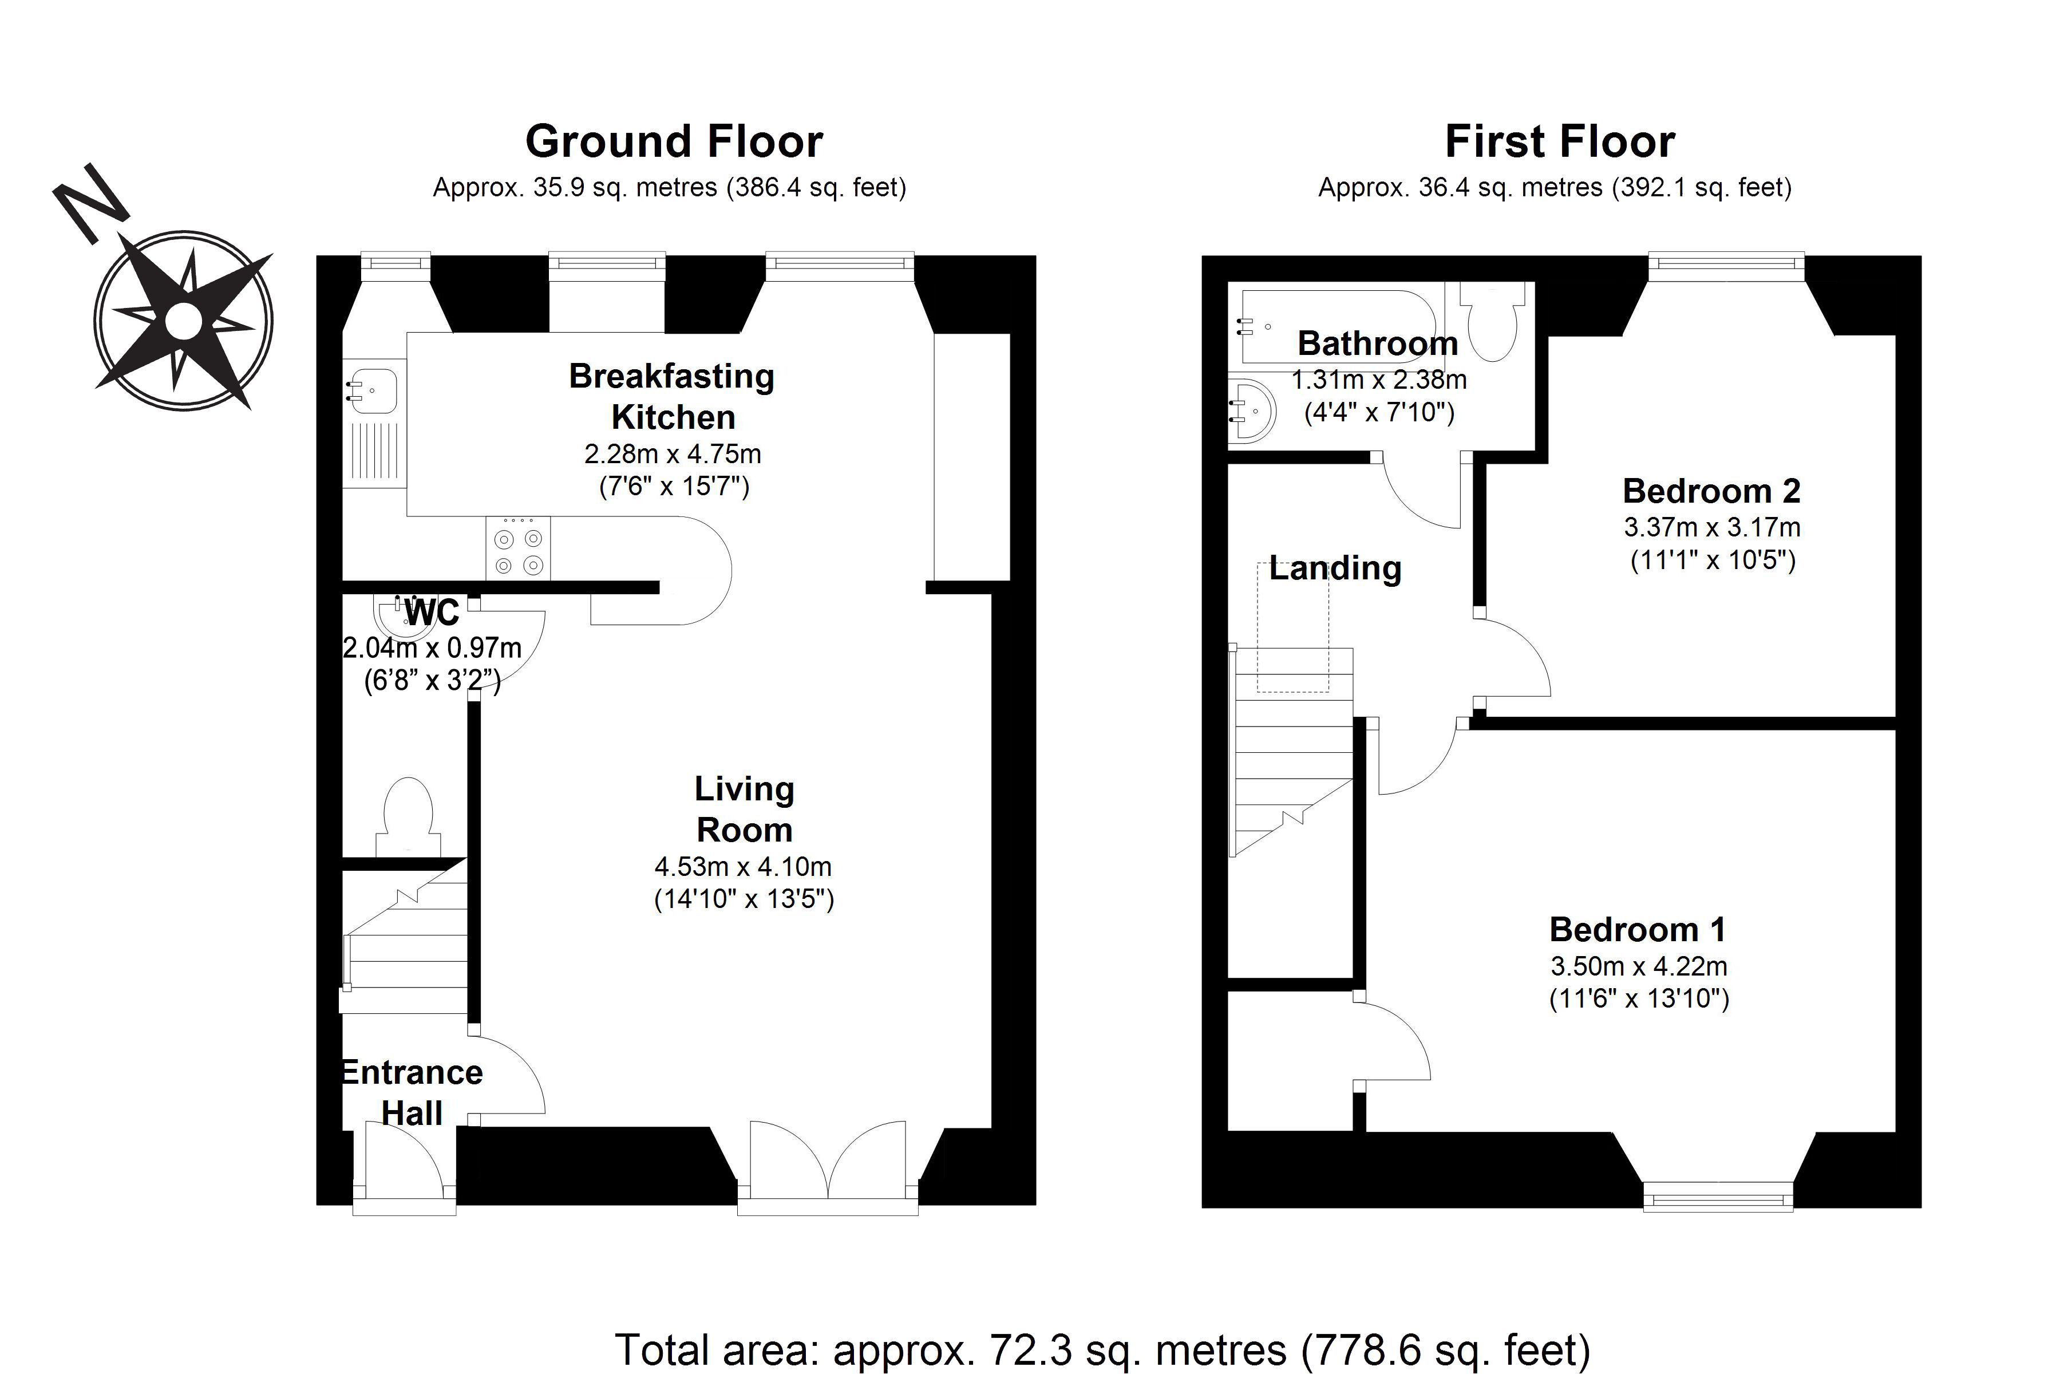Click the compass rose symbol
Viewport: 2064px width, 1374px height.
pyautogui.click(x=183, y=321)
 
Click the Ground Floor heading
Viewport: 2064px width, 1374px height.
pyautogui.click(x=674, y=141)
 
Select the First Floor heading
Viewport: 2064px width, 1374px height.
pyautogui.click(x=1559, y=141)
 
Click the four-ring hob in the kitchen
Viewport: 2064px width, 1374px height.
pyautogui.click(x=519, y=548)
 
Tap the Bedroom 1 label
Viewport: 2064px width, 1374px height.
pyautogui.click(x=1638, y=929)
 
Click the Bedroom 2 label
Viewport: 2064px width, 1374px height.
pyautogui.click(x=1711, y=491)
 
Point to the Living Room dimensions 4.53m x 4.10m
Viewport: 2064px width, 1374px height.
pyautogui.click(x=743, y=867)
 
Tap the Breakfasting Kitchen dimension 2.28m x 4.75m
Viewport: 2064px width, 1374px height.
pyautogui.click(x=673, y=454)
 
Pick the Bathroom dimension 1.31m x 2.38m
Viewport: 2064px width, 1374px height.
pyautogui.click(x=1379, y=380)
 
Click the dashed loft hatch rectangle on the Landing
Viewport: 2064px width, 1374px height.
pyautogui.click(x=1293, y=626)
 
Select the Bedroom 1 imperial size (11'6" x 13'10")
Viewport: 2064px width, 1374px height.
pyautogui.click(x=1639, y=999)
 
